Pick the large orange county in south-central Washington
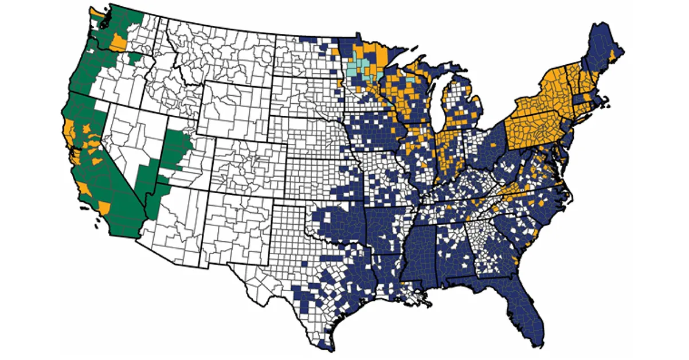click(x=119, y=42)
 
